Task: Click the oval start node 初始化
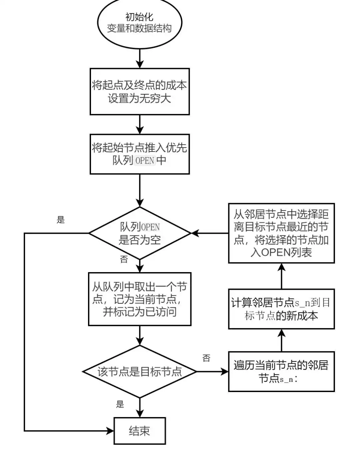[x=140, y=23]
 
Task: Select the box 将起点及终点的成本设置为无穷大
[x=140, y=92]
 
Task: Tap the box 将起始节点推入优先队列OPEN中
[x=140, y=154]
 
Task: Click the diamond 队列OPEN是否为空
[x=140, y=233]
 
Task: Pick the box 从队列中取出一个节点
[x=140, y=299]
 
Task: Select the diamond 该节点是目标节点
[x=140, y=371]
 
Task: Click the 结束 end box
[x=140, y=431]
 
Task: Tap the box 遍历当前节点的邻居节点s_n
[x=281, y=371]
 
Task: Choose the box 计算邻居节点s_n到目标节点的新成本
[x=281, y=309]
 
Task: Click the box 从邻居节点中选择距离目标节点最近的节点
[x=281, y=233]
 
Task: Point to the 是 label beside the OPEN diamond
[x=61, y=220]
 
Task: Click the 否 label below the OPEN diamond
[x=124, y=259]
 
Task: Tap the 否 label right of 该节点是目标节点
[x=206, y=358]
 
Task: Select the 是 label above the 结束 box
[x=120, y=404]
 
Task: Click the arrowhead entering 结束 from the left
[x=110, y=431]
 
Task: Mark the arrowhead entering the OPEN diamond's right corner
[x=195, y=233]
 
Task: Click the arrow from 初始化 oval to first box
[x=140, y=59]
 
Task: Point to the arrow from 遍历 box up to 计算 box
[x=282, y=340]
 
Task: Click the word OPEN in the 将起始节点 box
[x=145, y=161]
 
